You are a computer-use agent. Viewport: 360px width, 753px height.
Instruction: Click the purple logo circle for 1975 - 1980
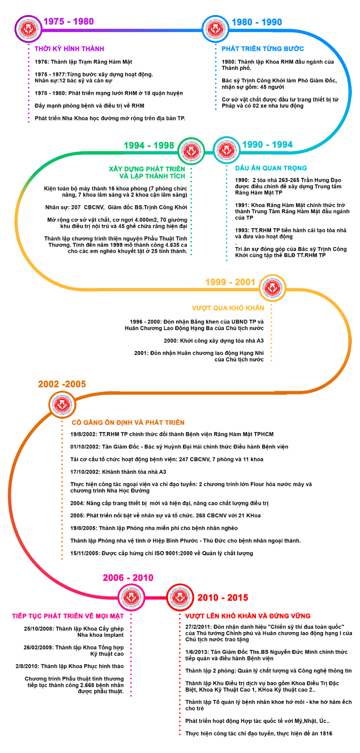[x=29, y=29]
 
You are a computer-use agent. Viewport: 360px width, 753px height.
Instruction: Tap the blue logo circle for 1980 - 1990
[x=215, y=29]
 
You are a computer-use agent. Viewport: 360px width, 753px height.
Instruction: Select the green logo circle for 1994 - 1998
[x=191, y=151]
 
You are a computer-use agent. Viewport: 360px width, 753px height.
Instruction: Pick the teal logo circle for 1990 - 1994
[x=226, y=150]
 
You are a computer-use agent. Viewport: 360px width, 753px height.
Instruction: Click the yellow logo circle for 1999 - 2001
[x=272, y=288]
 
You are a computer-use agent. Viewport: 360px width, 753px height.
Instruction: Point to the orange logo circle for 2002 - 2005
[x=62, y=405]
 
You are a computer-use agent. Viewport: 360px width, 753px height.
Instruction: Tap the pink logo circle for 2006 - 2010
[x=131, y=597]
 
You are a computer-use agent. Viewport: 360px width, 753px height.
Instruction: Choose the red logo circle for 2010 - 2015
[x=180, y=597]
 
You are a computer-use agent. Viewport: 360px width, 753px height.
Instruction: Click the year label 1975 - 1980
[x=69, y=22]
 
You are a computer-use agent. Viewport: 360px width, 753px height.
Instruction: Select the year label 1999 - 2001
[x=231, y=282]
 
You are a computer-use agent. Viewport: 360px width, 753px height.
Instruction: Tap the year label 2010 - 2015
[x=223, y=597]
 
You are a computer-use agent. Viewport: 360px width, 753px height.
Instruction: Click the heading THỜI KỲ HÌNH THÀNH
[x=69, y=49]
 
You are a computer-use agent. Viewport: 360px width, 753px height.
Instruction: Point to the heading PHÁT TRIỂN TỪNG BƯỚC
[x=263, y=49]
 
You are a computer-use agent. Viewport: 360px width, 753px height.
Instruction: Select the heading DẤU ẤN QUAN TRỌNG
[x=271, y=168]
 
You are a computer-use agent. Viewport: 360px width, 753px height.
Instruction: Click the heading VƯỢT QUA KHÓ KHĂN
[x=228, y=308]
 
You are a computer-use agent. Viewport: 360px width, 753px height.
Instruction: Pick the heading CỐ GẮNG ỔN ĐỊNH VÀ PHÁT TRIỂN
[x=128, y=423]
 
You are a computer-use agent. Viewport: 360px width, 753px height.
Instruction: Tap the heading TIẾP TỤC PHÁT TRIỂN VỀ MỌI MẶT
[x=68, y=616]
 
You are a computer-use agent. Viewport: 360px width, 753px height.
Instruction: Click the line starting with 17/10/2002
[x=118, y=472]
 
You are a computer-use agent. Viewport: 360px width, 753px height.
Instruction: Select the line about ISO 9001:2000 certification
[x=162, y=553]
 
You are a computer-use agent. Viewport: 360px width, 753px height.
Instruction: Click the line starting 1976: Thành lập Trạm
[x=83, y=62]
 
